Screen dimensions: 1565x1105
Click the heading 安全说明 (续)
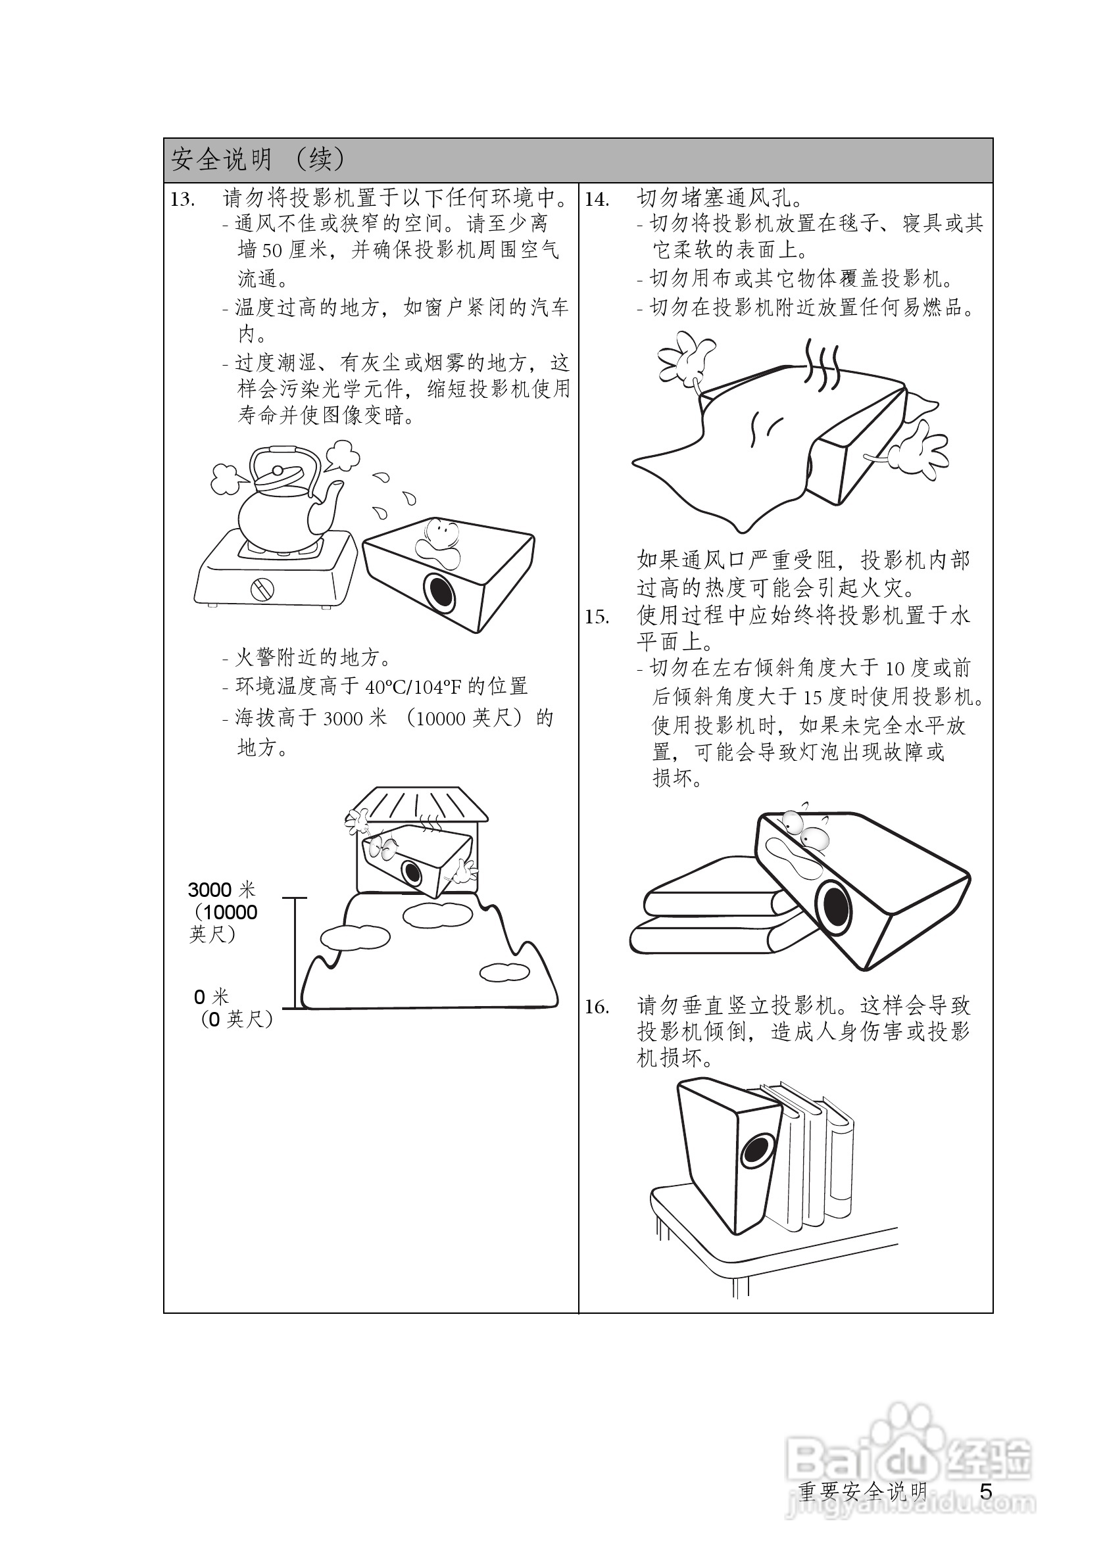tap(258, 160)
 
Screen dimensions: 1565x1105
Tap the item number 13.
tap(183, 200)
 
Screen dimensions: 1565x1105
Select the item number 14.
tap(597, 200)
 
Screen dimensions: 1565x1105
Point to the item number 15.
tap(597, 617)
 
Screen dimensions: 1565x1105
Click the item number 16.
tap(597, 1007)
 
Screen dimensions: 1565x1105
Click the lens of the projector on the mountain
tap(411, 871)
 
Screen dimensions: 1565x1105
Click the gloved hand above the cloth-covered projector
tap(685, 358)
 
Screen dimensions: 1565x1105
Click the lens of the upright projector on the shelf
tap(756, 1150)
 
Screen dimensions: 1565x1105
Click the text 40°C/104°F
tap(412, 687)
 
